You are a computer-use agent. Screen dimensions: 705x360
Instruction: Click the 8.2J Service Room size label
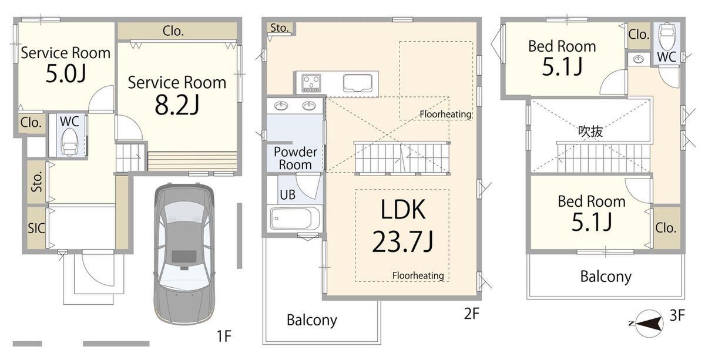177,105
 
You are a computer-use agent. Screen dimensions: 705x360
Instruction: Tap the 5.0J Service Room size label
65,73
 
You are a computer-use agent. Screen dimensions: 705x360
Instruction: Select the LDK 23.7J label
403,226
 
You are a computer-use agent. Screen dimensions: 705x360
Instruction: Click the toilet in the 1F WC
69,143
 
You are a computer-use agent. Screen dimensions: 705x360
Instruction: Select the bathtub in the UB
294,218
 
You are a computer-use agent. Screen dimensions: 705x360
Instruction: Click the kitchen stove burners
311,83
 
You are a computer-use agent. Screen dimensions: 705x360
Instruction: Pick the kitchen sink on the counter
358,83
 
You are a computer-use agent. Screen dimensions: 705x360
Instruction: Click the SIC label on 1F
36,228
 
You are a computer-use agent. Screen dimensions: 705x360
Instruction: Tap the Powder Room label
295,159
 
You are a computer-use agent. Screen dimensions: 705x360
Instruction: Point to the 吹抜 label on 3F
590,131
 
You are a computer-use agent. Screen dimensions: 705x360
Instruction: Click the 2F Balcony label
311,320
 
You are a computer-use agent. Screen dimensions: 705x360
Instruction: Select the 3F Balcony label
606,277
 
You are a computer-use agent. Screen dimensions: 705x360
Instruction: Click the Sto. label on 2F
280,28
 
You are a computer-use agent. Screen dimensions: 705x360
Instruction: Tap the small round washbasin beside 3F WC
638,59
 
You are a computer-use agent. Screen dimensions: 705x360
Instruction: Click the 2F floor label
471,314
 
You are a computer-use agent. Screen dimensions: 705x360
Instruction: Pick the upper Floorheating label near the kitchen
445,114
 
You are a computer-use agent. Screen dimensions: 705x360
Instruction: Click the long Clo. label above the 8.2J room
173,31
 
